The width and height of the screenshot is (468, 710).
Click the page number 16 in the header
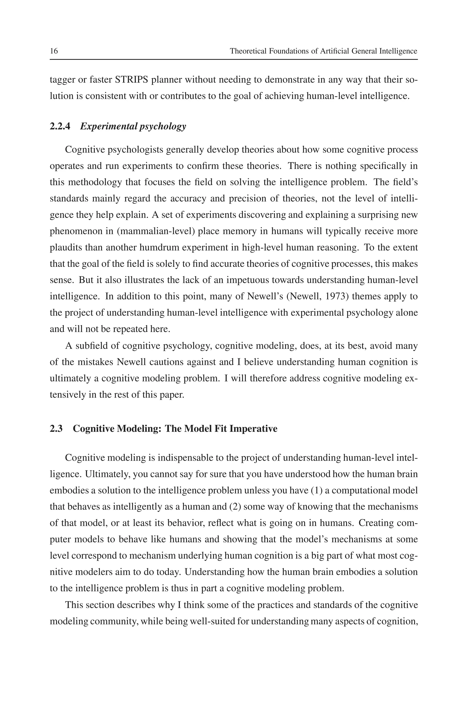point(54,51)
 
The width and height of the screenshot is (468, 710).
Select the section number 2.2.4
point(60,126)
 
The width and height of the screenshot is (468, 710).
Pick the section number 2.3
point(56,429)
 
